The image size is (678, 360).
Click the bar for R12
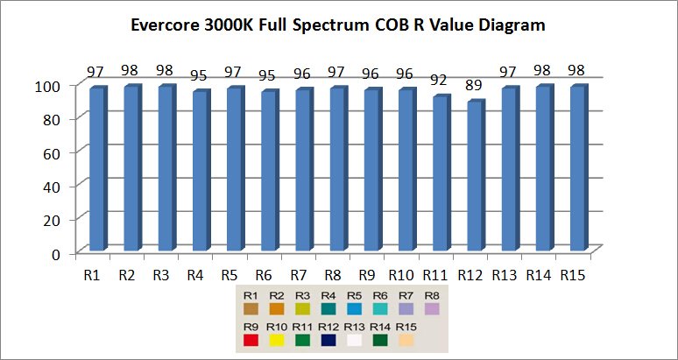pos(474,176)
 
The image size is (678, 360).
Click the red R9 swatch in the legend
pos(251,340)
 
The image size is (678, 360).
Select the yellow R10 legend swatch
pos(276,340)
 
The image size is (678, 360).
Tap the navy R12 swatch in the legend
pos(328,340)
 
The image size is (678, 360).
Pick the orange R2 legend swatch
pos(276,308)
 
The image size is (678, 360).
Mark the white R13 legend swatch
pos(353,340)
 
